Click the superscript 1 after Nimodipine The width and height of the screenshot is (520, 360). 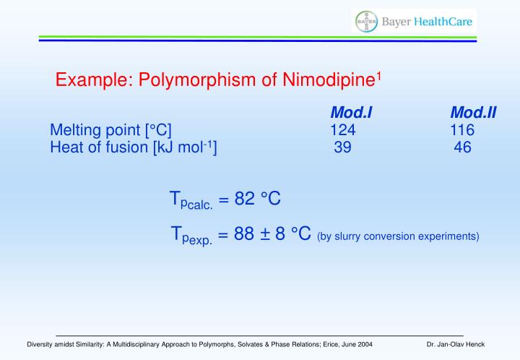point(378,74)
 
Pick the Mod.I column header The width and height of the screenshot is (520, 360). point(351,113)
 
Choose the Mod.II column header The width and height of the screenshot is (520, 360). point(473,113)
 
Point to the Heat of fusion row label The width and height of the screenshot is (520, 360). point(134,147)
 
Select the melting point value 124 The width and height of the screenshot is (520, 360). point(343,130)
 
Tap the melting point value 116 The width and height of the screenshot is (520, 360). point(462,130)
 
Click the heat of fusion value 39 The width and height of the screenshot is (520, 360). point(343,147)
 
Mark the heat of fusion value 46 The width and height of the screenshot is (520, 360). point(462,147)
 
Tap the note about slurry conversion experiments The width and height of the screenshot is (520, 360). point(398,236)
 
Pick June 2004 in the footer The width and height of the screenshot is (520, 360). point(355,344)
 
